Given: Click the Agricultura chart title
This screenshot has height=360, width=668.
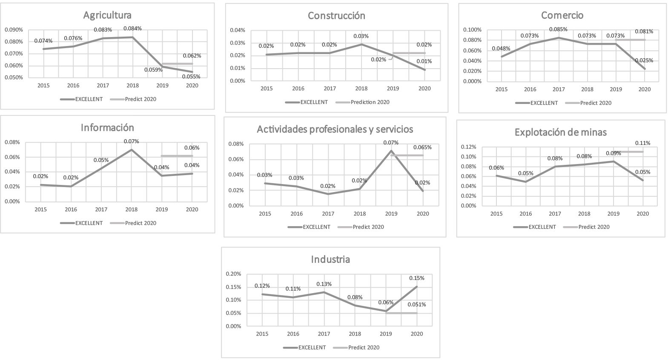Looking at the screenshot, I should click(x=107, y=15).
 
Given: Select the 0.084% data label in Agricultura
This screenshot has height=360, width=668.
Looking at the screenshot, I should click(x=132, y=29).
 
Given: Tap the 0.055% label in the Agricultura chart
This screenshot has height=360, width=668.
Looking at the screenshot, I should click(x=192, y=77).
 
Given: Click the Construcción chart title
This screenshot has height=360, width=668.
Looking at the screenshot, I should click(x=336, y=16).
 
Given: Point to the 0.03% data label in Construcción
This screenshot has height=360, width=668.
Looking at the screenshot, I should click(x=361, y=36).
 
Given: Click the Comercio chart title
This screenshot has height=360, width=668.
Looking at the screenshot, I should click(x=562, y=15).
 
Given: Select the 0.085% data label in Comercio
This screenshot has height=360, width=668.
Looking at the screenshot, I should click(x=559, y=29).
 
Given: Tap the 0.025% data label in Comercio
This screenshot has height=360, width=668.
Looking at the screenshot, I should click(x=644, y=60).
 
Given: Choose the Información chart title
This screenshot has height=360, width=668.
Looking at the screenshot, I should click(x=107, y=128).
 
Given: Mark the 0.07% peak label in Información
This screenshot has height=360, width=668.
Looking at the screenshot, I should click(x=131, y=141).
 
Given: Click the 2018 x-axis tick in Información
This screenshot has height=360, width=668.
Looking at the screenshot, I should click(x=131, y=210).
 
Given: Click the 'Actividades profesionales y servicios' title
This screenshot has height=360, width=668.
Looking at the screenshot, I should click(x=335, y=129).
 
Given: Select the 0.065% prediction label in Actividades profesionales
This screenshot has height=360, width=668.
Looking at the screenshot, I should click(x=422, y=147).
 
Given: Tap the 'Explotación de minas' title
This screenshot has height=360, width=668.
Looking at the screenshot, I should click(x=560, y=132).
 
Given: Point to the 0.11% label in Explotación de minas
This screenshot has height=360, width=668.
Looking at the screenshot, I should click(x=643, y=143).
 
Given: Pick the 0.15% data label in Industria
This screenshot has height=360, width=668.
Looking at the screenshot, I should click(x=416, y=278).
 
